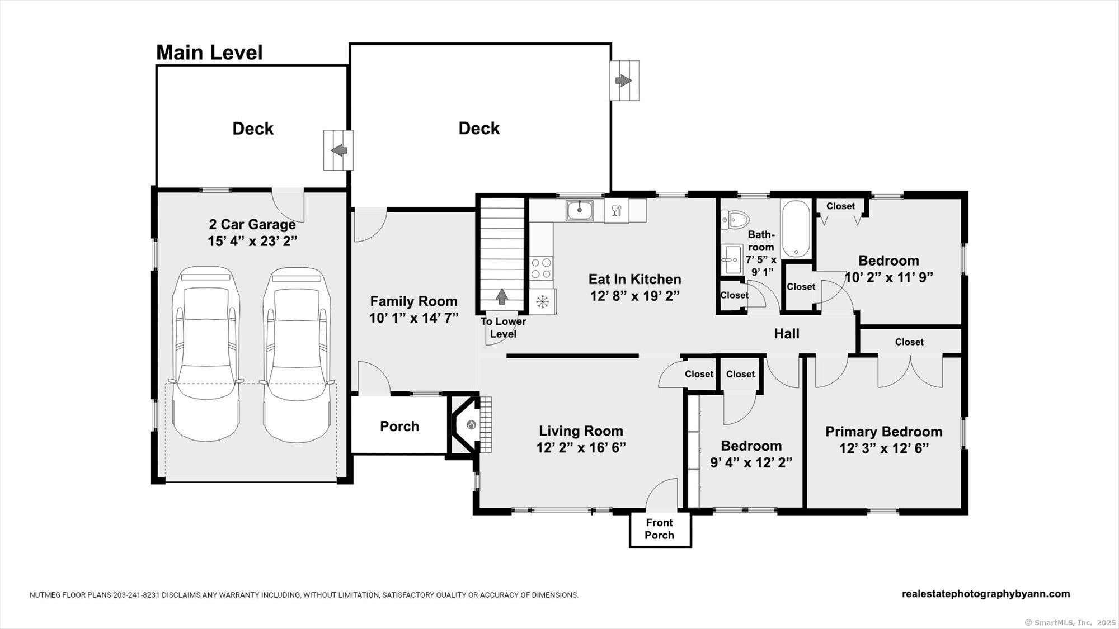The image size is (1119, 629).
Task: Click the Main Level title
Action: [209, 53]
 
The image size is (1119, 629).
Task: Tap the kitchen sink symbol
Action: [580, 210]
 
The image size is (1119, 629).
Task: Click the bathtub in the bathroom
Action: [796, 229]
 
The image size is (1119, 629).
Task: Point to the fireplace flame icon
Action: [471, 425]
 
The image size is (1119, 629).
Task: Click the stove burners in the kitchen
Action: [541, 268]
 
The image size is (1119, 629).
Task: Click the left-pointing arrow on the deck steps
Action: [339, 150]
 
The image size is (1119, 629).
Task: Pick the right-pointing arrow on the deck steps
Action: [624, 81]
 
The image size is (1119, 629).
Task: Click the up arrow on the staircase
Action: [502, 296]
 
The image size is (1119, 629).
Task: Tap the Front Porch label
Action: [660, 529]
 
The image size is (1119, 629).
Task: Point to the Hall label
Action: [787, 334]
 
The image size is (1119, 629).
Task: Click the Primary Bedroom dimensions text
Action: [884, 448]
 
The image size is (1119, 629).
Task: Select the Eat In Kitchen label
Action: [635, 279]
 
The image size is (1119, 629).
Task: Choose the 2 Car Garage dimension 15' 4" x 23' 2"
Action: [252, 242]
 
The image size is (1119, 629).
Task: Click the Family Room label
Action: [414, 301]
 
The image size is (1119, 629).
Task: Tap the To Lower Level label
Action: [504, 328]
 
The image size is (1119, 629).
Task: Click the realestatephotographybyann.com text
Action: [986, 594]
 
